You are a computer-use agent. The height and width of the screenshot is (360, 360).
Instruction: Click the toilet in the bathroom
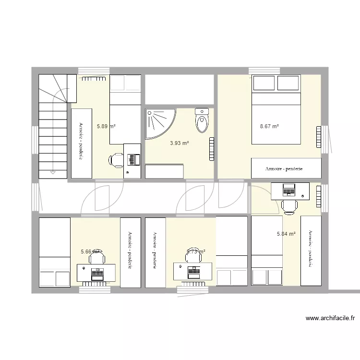(202, 120)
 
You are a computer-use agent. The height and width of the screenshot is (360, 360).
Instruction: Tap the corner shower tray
(158, 123)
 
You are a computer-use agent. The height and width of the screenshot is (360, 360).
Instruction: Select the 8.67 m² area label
(269, 127)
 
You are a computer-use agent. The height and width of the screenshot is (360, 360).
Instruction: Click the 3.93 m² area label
(180, 143)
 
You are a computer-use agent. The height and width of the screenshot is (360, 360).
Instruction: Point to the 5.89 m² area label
(106, 127)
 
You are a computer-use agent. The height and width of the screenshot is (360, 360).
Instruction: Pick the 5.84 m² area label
(286, 234)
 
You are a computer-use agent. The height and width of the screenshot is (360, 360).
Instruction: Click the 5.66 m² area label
(90, 251)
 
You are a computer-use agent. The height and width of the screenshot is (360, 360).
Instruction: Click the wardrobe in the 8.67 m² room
(286, 168)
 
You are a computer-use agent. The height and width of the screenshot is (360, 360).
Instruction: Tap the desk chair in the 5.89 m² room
(115, 160)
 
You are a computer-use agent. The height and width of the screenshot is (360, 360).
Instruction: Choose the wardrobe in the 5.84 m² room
(311, 251)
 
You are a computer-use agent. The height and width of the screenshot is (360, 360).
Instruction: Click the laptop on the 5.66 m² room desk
(97, 274)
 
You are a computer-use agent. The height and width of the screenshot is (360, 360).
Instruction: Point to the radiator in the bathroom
(212, 149)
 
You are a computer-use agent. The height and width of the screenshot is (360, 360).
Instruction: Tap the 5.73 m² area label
(196, 251)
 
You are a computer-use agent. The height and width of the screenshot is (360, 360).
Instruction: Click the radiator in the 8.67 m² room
(318, 137)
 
